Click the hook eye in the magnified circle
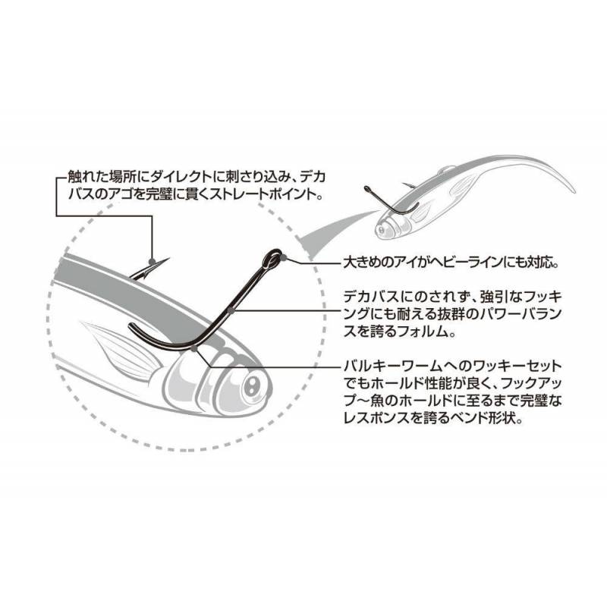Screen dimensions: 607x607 272,257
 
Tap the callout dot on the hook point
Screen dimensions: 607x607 151,260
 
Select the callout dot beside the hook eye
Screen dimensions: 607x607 285,257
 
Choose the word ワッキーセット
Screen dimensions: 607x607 514,365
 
